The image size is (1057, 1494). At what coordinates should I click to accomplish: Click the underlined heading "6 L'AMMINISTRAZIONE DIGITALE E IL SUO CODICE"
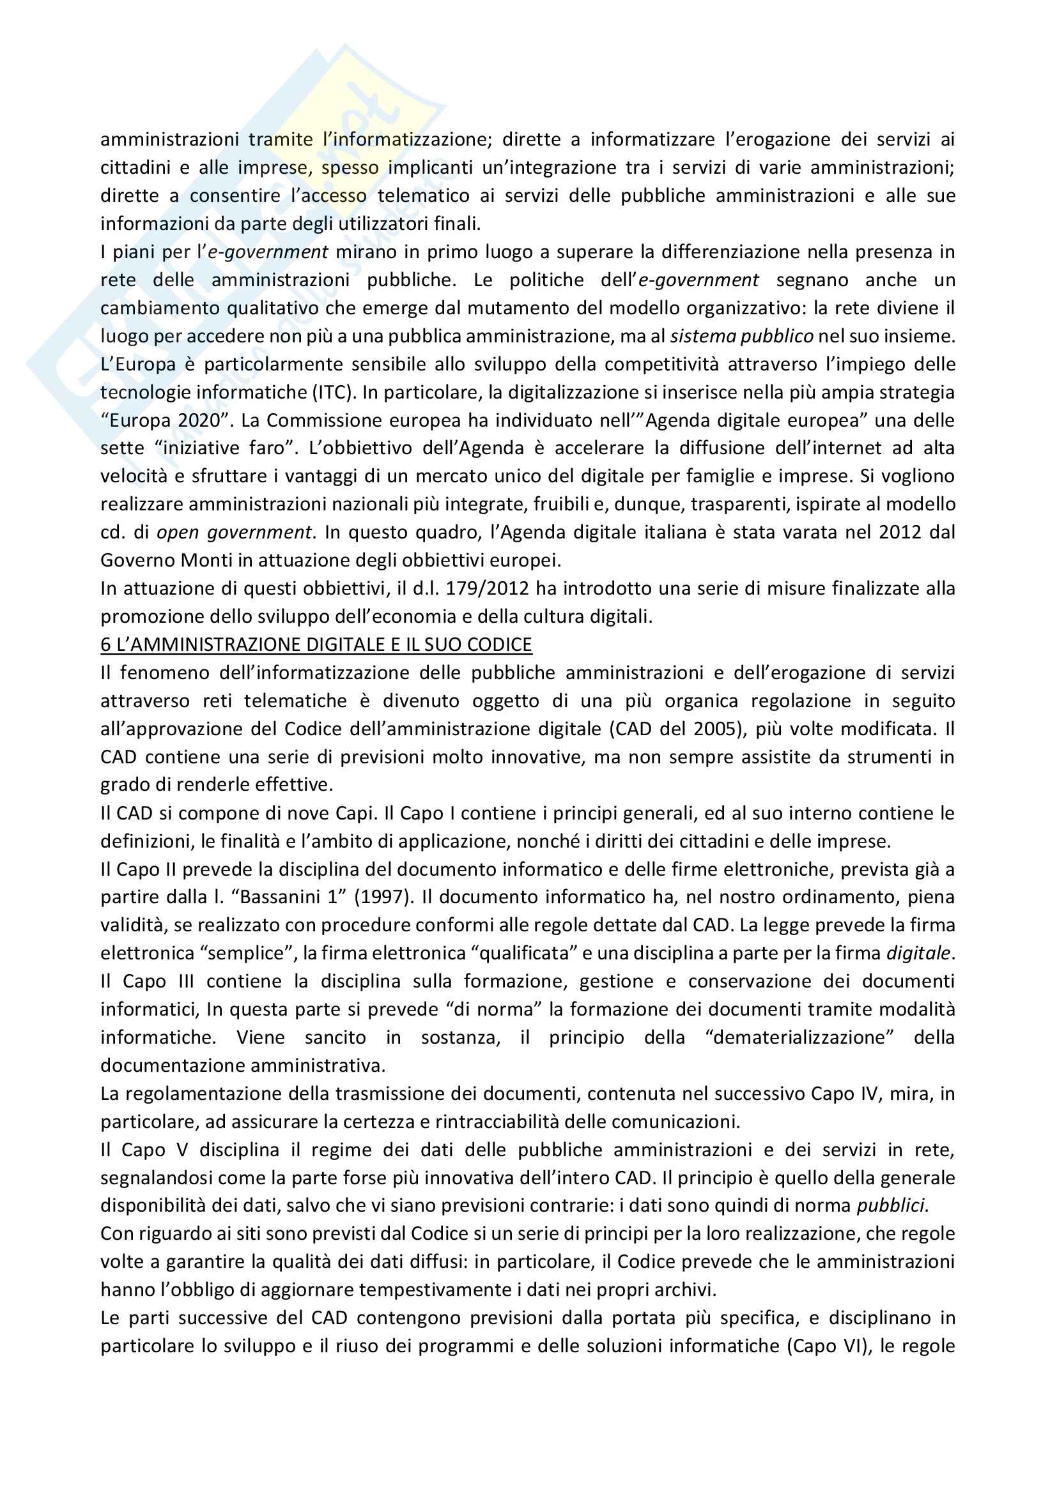316,644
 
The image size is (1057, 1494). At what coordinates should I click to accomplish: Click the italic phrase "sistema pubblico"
742,337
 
